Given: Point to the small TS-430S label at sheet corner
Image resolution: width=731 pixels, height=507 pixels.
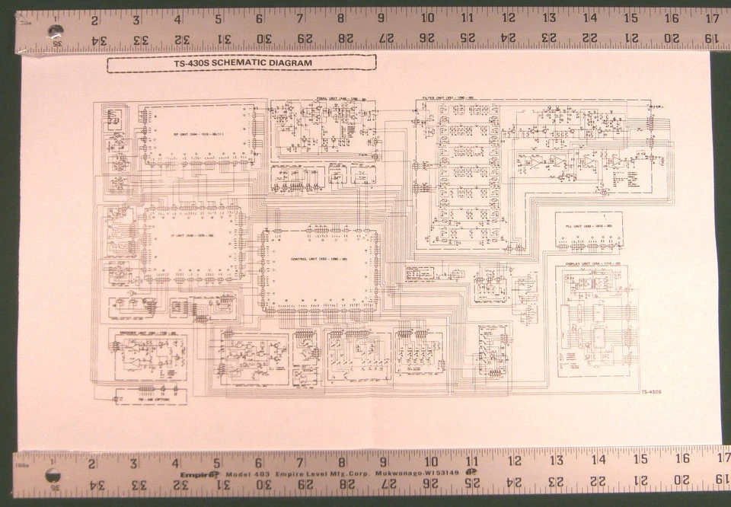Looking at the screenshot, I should [x=649, y=392].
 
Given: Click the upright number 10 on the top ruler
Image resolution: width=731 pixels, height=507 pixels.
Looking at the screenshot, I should [x=428, y=18].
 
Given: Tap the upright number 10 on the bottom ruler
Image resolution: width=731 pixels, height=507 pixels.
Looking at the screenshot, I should [x=430, y=461].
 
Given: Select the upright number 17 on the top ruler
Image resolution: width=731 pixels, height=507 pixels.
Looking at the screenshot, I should [x=712, y=18].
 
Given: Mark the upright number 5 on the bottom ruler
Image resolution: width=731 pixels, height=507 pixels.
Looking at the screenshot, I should [x=217, y=461].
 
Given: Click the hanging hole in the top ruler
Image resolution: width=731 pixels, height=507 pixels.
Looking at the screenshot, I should [x=55, y=32].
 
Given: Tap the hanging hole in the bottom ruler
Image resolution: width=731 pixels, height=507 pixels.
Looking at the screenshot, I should [x=52, y=474].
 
